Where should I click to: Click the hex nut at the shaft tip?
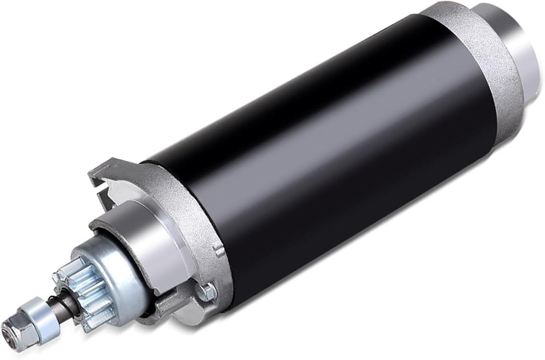coord(15,330)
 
